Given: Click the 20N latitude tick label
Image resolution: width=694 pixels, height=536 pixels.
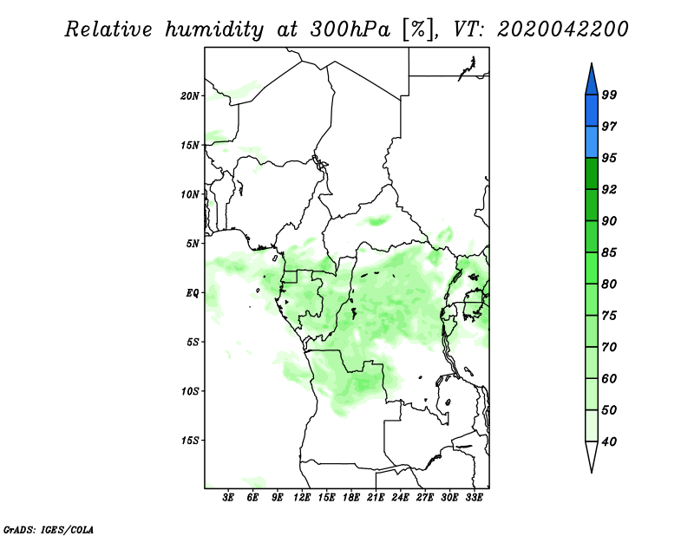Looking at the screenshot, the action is (190, 96).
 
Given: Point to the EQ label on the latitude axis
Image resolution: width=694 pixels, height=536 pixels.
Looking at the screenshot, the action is (193, 293).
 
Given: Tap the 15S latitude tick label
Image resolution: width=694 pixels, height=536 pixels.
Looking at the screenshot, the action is (190, 441).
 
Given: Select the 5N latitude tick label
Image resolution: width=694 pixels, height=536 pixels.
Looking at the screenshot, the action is (193, 244).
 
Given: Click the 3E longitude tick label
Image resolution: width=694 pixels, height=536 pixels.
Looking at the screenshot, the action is (228, 498).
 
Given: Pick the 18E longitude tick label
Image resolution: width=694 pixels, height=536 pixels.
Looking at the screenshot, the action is (351, 498).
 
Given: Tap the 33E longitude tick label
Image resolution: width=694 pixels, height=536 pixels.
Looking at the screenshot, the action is (474, 498).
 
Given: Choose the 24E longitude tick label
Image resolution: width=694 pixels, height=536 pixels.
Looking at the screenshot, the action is (400, 498).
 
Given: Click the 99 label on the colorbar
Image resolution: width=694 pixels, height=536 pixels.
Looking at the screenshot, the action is (609, 95).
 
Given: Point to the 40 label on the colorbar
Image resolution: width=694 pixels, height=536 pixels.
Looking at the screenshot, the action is (609, 441).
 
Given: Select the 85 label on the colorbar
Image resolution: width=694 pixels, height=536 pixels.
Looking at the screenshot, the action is (609, 252).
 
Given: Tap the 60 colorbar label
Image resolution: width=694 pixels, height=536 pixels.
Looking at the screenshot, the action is (609, 379).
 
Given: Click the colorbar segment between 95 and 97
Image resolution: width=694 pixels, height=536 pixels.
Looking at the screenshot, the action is (592, 142).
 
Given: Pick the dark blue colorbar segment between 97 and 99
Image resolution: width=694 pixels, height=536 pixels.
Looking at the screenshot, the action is (592, 111).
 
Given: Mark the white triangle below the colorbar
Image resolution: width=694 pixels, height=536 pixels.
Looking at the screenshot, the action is (592, 455).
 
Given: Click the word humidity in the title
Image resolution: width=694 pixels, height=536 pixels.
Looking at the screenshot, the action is (214, 29).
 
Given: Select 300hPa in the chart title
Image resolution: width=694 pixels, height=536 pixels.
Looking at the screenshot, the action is (350, 29).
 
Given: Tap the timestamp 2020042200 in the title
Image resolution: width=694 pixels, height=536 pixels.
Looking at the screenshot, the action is (562, 29).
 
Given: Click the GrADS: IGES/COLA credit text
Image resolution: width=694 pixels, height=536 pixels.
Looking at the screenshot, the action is (49, 529).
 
